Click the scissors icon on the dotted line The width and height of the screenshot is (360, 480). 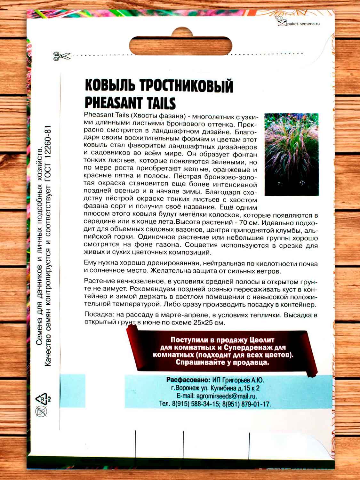[61, 56]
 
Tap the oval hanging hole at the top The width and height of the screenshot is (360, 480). [181, 45]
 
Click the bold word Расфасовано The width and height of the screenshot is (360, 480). [188, 380]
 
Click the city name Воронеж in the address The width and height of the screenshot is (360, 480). [188, 388]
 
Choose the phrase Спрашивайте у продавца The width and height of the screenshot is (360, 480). [222, 363]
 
